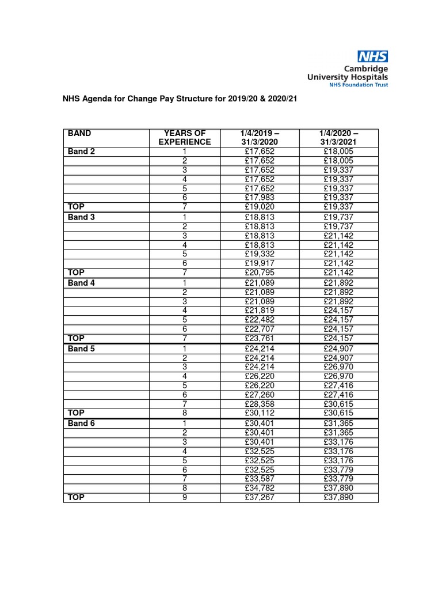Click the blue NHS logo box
coord(372,56)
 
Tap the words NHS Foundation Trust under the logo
coord(358,84)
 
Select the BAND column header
coord(79,133)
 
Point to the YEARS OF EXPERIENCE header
coord(185,137)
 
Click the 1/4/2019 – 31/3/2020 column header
coord(260,137)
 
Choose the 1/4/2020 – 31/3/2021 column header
coord(338,137)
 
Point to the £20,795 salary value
coord(260,273)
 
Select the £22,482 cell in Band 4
coord(260,320)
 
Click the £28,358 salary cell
coord(260,404)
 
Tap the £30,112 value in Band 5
coord(260,414)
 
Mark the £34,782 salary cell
coord(260,489)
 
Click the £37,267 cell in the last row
coord(260,498)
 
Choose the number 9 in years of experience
coord(185,498)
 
